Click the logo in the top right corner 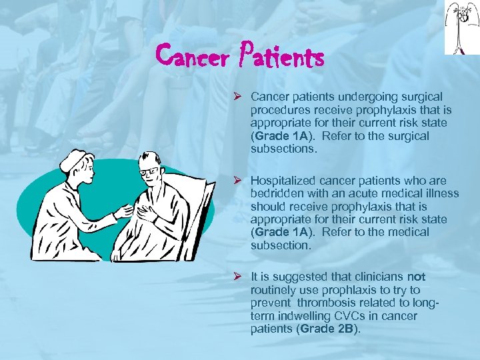[x=461, y=27]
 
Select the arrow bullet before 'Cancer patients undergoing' [x=237, y=97]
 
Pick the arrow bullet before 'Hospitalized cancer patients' [x=237, y=181]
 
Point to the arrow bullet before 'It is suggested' [x=237, y=277]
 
